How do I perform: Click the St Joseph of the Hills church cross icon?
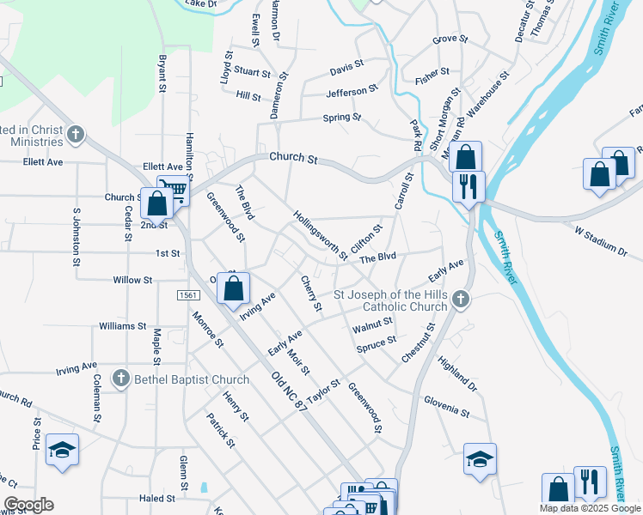pyautogui.click(x=462, y=300)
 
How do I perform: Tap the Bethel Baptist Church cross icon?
pyautogui.click(x=121, y=379)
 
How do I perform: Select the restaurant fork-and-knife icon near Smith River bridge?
pyautogui.click(x=468, y=186)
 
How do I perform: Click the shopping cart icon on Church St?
pyautogui.click(x=173, y=191)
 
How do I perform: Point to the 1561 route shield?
pyautogui.click(x=189, y=295)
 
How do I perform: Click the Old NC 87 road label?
pyautogui.click(x=288, y=391)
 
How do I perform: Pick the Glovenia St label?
pyautogui.click(x=447, y=406)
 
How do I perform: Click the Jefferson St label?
pyautogui.click(x=352, y=90)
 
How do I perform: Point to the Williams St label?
pyautogui.click(x=123, y=326)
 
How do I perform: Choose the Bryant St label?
pyautogui.click(x=161, y=74)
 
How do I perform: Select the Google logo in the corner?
pyautogui.click(x=28, y=505)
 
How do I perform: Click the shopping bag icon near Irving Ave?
pyautogui.click(x=233, y=289)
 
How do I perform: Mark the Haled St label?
pyautogui.click(x=156, y=498)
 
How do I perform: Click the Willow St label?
pyautogui.click(x=132, y=280)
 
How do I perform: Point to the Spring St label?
pyautogui.click(x=342, y=118)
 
